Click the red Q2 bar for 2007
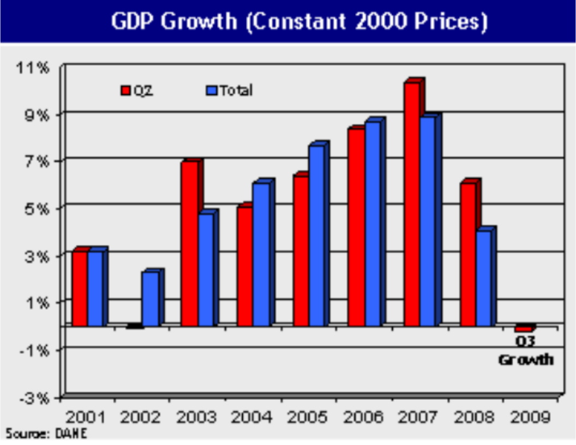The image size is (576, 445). pos(411,205)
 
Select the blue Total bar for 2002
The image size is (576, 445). pos(150,299)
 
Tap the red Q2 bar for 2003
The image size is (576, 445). pos(190,244)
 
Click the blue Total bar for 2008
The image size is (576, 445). pos(484,279)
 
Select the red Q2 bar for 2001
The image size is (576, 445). pos(80,288)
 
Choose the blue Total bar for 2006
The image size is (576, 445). pos(373,224)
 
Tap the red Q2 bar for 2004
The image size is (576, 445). pos(245,267)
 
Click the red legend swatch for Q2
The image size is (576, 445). pos(125,91)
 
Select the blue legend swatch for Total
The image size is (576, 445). pos(212,91)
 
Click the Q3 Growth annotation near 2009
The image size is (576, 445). pos(525,351)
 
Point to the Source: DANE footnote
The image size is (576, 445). pos(46,434)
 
